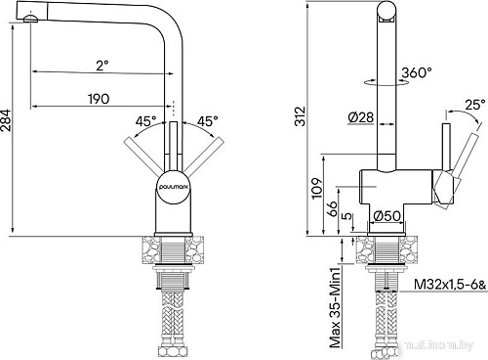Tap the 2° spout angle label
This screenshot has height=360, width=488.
102,65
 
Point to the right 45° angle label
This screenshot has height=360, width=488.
207,122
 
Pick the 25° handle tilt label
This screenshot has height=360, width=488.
474,103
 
